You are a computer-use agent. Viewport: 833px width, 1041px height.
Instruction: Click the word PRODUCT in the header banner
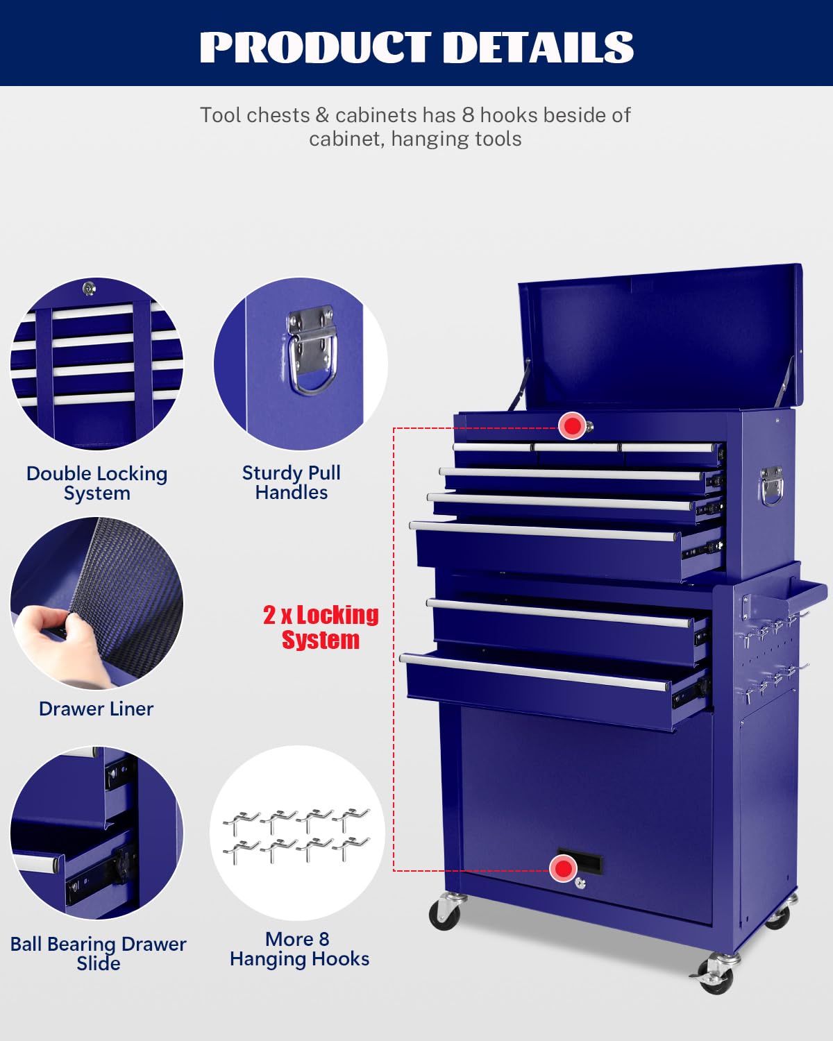pyautogui.click(x=315, y=47)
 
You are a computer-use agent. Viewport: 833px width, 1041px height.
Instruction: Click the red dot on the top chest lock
pyautogui.click(x=573, y=425)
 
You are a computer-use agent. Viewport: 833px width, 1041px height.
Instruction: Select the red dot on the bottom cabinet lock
pyautogui.click(x=564, y=868)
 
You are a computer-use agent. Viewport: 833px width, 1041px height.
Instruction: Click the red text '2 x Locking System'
pyautogui.click(x=321, y=627)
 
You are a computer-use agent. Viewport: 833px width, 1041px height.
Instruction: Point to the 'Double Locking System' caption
pyautogui.click(x=96, y=483)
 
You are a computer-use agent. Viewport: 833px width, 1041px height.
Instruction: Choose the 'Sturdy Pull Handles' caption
pyautogui.click(x=292, y=482)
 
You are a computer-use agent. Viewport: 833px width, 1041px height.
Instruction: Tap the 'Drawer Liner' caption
pyautogui.click(x=96, y=709)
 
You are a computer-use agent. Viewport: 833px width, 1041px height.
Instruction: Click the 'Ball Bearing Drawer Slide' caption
pyautogui.click(x=99, y=953)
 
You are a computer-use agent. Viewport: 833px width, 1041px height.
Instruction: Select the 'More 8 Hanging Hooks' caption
pyautogui.click(x=300, y=949)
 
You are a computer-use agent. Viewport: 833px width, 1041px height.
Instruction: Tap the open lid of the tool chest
pyautogui.click(x=661, y=338)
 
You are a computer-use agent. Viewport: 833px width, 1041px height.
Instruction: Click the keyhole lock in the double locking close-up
pyautogui.click(x=89, y=288)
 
